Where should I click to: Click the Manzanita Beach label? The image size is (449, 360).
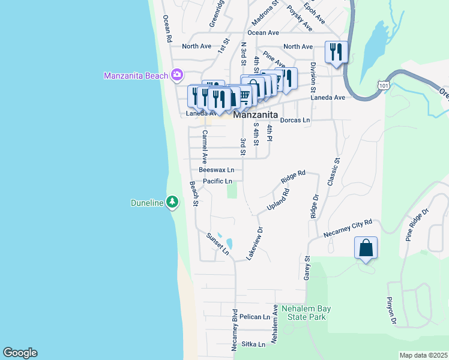(136, 76)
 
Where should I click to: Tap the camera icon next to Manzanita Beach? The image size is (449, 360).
(176, 75)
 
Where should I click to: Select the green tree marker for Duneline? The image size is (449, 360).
(173, 202)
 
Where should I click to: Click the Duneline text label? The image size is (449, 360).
(147, 203)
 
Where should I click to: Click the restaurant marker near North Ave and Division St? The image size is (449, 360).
(336, 52)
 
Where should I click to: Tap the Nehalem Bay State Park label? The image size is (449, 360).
(306, 313)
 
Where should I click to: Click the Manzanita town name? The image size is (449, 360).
(255, 115)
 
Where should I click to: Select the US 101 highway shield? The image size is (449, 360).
(382, 86)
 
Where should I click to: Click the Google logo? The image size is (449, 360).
(20, 353)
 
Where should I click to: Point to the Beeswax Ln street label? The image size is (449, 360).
(217, 170)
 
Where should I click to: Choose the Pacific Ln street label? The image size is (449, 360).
(217, 181)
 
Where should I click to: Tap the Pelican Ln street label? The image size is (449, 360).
(255, 316)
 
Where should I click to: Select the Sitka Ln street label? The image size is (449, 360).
(253, 344)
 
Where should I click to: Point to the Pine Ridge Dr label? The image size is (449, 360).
(417, 224)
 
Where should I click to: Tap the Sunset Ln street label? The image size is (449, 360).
(217, 244)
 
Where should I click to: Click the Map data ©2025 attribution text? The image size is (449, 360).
(424, 355)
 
